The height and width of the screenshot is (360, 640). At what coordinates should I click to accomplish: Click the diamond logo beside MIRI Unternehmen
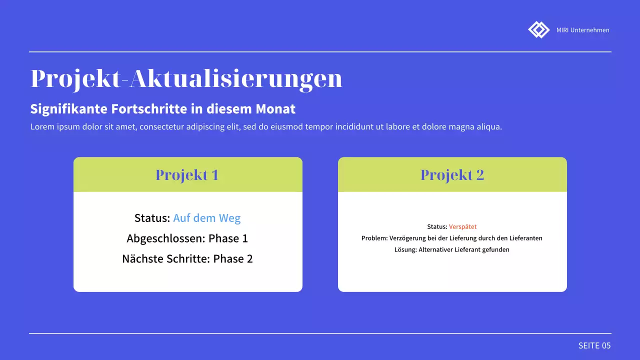pyautogui.click(x=538, y=29)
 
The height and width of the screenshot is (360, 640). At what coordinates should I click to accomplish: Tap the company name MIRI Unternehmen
pyautogui.click(x=582, y=30)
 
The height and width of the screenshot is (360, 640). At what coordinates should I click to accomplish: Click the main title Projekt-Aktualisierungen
pyautogui.click(x=186, y=79)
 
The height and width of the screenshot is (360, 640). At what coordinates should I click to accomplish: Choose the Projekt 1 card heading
pyautogui.click(x=187, y=175)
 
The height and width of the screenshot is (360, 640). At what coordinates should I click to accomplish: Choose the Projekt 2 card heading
pyautogui.click(x=452, y=175)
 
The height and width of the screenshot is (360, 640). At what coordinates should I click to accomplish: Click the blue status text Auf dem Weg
pyautogui.click(x=206, y=218)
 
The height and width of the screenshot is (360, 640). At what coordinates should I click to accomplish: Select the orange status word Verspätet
pyautogui.click(x=462, y=226)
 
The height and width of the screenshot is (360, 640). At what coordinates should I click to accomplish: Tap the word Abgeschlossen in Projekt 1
pyautogui.click(x=165, y=238)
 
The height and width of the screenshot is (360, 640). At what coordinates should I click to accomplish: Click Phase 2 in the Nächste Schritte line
pyautogui.click(x=233, y=258)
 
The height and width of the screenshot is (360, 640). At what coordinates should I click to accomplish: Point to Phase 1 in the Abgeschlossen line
pyautogui.click(x=228, y=238)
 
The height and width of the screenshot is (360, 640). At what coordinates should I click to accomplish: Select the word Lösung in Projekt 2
pyautogui.click(x=405, y=249)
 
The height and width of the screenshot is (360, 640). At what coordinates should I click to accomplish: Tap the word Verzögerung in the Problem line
pyautogui.click(x=408, y=238)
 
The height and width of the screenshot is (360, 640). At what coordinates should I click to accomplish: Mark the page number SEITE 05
pyautogui.click(x=594, y=345)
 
